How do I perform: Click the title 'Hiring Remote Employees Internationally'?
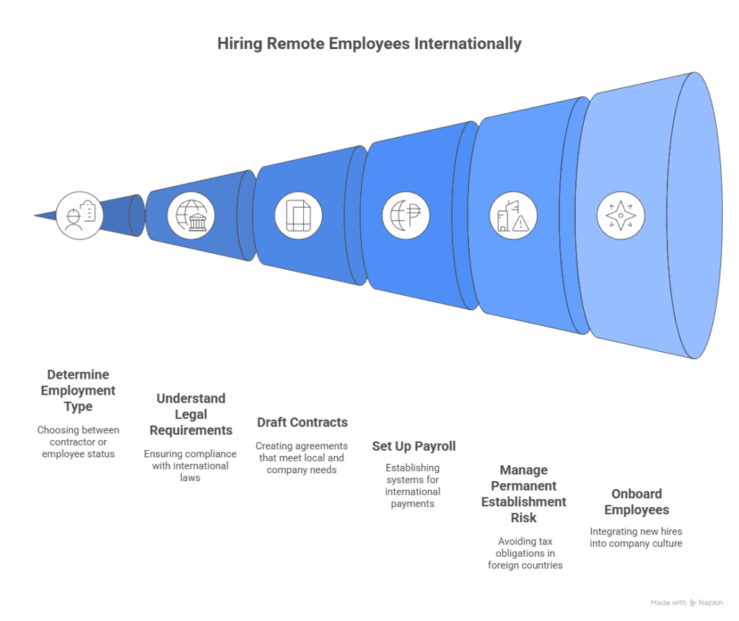(x=369, y=44)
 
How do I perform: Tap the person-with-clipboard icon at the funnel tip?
(x=79, y=215)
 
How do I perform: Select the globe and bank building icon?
(x=191, y=215)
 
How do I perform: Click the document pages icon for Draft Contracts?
(x=298, y=215)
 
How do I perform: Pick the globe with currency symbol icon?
(x=406, y=215)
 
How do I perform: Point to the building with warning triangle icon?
(x=512, y=215)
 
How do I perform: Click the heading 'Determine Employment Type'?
(x=78, y=390)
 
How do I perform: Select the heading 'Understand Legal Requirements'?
(x=191, y=414)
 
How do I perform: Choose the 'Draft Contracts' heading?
(x=302, y=423)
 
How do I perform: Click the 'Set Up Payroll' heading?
(x=414, y=446)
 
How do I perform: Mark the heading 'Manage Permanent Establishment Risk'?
(x=524, y=494)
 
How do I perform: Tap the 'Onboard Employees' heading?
(x=637, y=502)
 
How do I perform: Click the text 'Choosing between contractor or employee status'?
(x=78, y=441)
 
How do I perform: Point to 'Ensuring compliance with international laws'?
(x=191, y=465)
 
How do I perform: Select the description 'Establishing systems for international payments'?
(x=413, y=485)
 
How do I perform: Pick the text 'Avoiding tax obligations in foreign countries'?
(x=525, y=552)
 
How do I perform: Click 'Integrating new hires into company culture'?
(x=636, y=537)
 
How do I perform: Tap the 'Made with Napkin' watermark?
(x=686, y=602)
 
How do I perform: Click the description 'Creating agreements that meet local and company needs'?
(x=302, y=458)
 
